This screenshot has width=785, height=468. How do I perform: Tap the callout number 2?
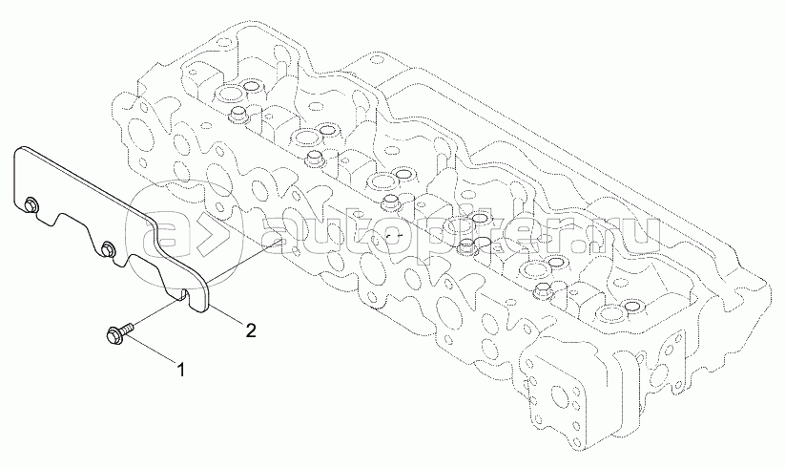pos(250,331)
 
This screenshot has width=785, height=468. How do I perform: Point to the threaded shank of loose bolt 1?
pos(126,328)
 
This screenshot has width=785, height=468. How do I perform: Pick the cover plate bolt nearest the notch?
pos(107,250)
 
